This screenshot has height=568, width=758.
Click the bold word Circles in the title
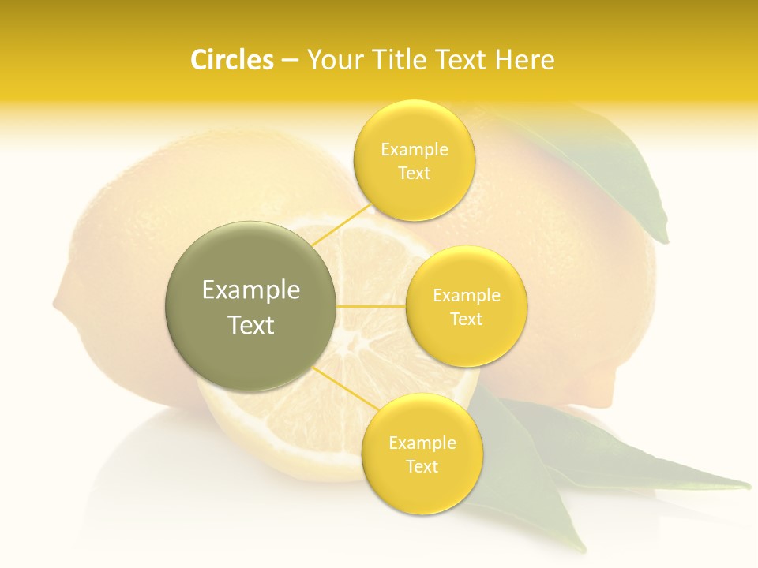pos(231,60)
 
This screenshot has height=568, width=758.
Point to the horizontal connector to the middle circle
pos(371,306)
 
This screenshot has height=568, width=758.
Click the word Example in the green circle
pos(251,290)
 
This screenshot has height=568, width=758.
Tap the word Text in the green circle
pos(251,325)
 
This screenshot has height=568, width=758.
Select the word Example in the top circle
pos(415,149)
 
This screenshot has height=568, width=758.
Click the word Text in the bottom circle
pos(422,466)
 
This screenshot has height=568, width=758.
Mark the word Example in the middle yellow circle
pos(467,296)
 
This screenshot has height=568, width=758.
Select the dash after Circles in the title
pos(289,61)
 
